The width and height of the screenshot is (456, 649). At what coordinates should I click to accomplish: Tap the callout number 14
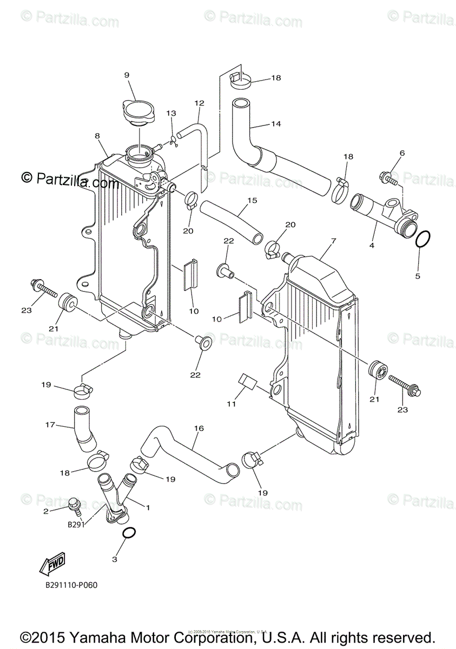coord(276,124)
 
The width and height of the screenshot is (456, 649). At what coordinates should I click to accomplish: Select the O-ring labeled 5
coord(424,239)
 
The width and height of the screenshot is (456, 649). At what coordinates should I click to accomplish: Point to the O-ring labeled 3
coord(129,534)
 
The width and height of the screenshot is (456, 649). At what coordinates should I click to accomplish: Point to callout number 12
coord(199,103)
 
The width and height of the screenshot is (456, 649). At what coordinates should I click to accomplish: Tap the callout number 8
coord(98,136)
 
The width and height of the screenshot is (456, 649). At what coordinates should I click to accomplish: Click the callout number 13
coord(171,114)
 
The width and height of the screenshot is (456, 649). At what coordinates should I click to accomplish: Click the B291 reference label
coord(76,524)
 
